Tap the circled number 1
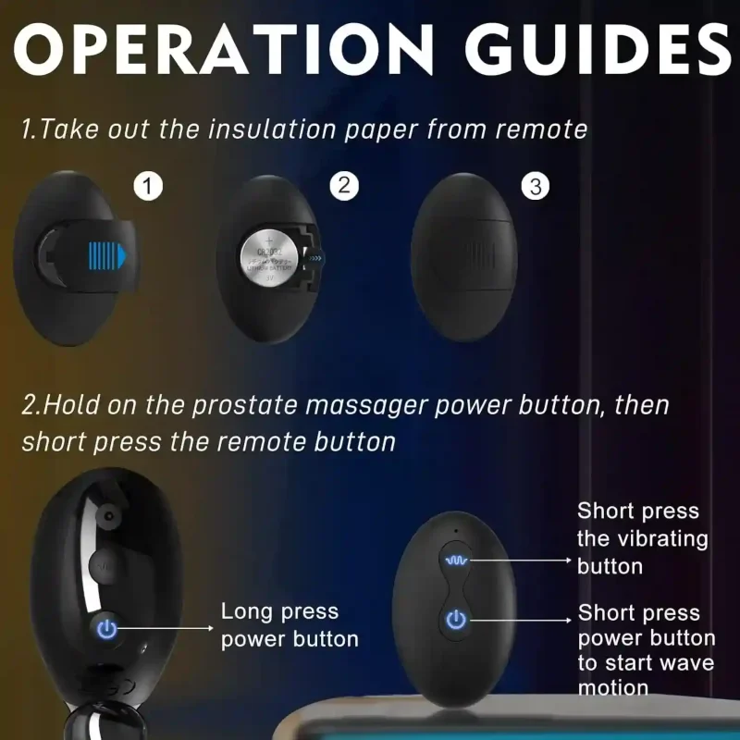(149, 187)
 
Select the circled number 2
(343, 186)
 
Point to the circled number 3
(535, 186)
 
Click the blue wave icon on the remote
(455, 561)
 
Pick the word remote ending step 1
(541, 129)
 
